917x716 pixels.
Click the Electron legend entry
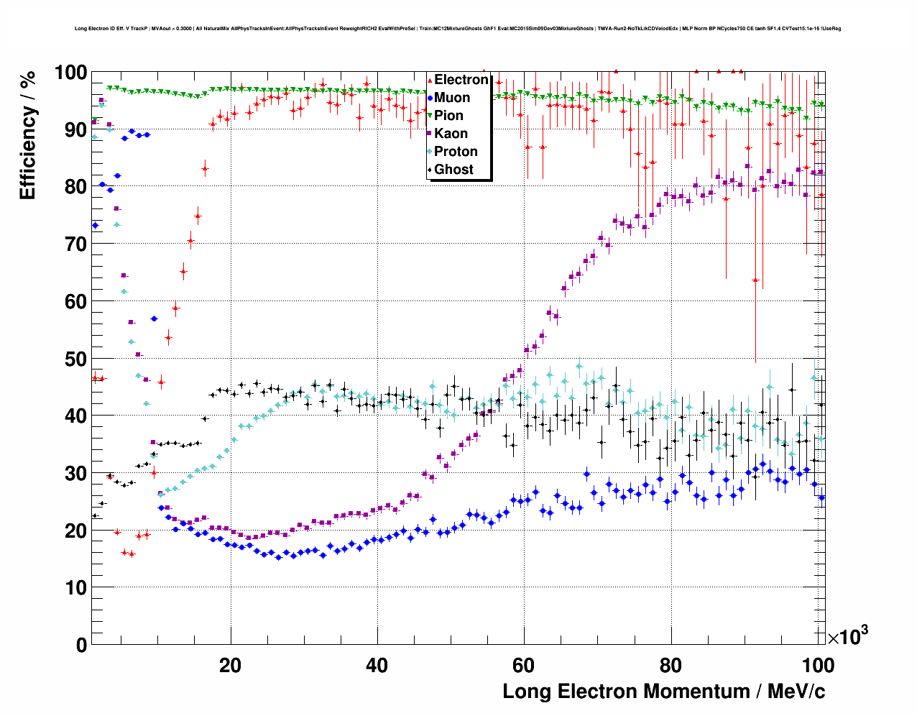click(x=461, y=80)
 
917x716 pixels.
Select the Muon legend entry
click(x=452, y=98)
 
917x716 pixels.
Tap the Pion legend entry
click(x=448, y=116)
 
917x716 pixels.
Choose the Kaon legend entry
click(x=451, y=134)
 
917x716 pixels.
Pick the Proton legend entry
click(x=456, y=152)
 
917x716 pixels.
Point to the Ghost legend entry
click(x=453, y=170)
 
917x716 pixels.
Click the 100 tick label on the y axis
click(x=70, y=73)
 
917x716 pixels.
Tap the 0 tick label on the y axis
click(x=82, y=645)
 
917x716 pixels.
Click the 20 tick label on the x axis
click(x=231, y=665)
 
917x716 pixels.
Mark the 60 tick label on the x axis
click(x=524, y=665)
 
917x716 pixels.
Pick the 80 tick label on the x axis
click(x=671, y=665)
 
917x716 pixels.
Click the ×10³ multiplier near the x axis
click(x=847, y=636)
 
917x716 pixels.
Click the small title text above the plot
click(x=458, y=29)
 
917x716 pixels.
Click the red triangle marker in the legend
click(x=430, y=80)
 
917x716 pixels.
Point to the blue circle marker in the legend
click(x=430, y=98)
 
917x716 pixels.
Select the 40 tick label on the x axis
click(x=377, y=665)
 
